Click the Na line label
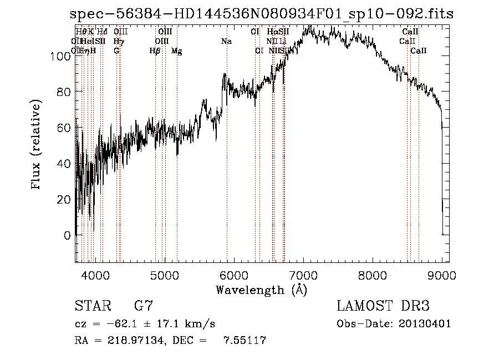pos(226,41)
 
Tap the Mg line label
pos(176,51)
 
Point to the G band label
pos(116,51)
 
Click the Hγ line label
pos(119,41)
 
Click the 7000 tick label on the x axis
pos(303,275)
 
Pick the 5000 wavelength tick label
pos(164,275)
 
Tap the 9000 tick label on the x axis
pos(442,275)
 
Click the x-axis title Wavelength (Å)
pos(261,290)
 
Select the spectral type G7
pos(144,306)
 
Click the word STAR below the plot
pos(92,306)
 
